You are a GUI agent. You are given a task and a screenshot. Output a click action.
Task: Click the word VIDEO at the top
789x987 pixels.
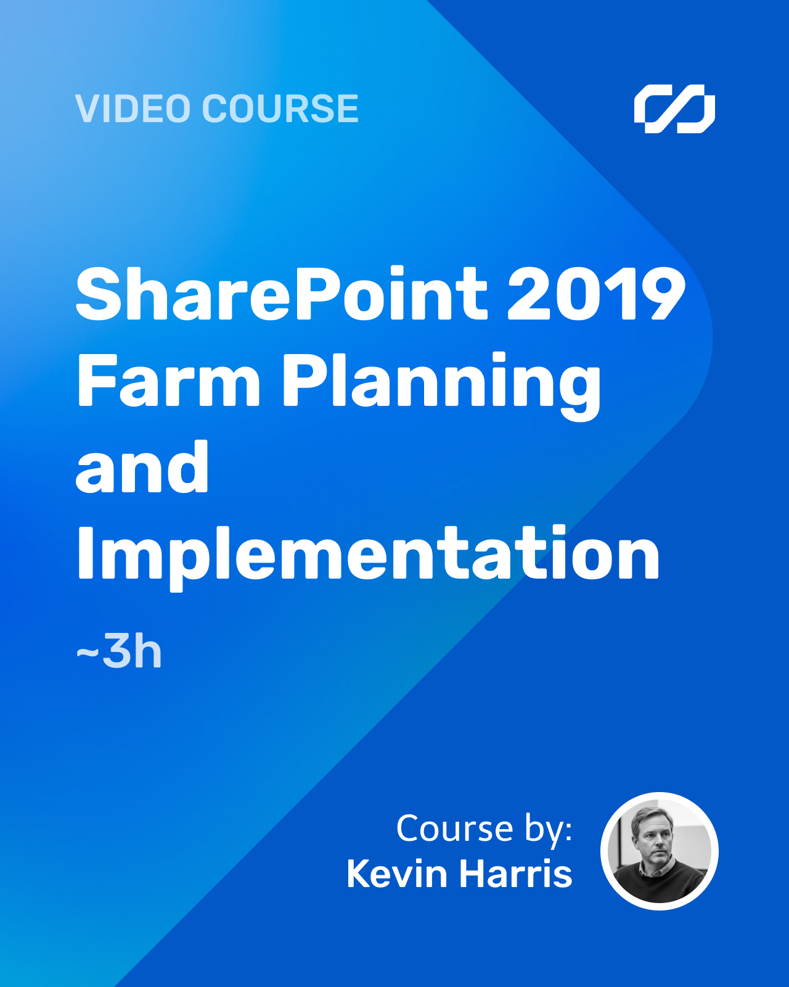tap(133, 109)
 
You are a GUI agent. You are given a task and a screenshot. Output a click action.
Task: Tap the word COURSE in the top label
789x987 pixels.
tap(280, 109)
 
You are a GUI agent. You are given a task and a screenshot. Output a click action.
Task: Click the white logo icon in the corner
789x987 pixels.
tap(674, 109)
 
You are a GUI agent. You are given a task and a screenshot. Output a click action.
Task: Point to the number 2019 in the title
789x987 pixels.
tap(597, 294)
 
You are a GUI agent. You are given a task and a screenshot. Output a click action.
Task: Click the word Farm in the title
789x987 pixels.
tap(169, 380)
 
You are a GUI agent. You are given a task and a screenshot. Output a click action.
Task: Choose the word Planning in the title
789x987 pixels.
tap(441, 386)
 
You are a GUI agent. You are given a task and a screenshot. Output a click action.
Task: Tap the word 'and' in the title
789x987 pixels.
tap(142, 466)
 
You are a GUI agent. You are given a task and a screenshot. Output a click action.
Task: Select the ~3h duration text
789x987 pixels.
tap(119, 651)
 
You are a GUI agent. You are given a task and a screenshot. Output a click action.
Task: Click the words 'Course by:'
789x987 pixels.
tap(484, 829)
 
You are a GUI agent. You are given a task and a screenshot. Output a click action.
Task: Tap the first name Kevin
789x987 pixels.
tap(396, 873)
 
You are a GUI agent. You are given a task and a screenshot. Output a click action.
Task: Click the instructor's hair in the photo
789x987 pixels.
tap(651, 816)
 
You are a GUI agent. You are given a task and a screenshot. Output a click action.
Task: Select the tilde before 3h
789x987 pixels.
tap(87, 652)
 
